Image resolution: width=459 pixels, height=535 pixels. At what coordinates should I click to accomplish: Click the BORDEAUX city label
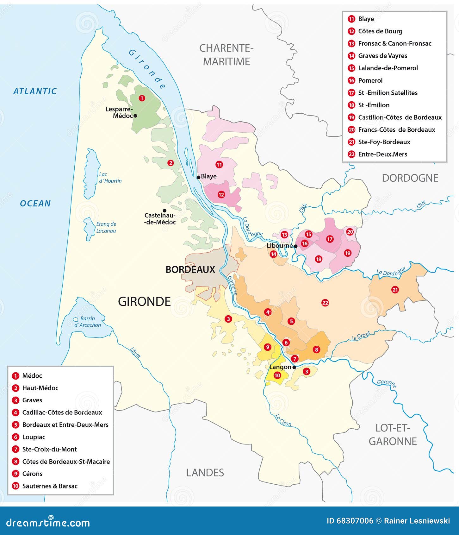pyautogui.click(x=190, y=269)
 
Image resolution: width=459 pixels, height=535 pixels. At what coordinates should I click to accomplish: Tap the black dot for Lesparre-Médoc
pyautogui.click(x=135, y=116)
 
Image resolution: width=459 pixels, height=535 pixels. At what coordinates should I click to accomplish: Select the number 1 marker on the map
pyautogui.click(x=142, y=98)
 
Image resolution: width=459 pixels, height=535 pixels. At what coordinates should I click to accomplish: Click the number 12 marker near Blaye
pyautogui.click(x=221, y=194)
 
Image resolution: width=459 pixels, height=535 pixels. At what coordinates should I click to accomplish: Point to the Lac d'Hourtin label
pyautogui.click(x=110, y=178)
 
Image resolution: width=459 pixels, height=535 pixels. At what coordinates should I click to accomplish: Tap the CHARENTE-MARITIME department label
pyautogui.click(x=226, y=55)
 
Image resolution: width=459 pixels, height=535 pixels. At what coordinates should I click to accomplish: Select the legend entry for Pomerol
pyautogui.click(x=370, y=80)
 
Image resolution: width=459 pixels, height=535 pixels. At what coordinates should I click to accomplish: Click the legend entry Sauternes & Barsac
pyautogui.click(x=50, y=486)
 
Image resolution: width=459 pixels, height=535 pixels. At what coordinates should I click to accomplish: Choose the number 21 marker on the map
pyautogui.click(x=395, y=289)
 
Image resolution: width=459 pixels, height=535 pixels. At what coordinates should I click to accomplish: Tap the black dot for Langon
pyautogui.click(x=294, y=367)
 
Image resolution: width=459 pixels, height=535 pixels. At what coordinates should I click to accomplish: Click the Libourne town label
pyautogui.click(x=280, y=246)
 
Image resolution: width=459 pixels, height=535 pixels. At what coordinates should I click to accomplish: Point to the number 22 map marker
pyautogui.click(x=325, y=303)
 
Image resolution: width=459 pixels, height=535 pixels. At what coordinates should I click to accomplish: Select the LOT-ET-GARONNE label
pyautogui.click(x=393, y=435)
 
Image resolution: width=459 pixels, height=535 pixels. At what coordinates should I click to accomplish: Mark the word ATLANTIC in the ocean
pyautogui.click(x=35, y=91)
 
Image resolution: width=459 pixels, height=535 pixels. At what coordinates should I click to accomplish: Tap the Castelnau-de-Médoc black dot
pyautogui.click(x=164, y=211)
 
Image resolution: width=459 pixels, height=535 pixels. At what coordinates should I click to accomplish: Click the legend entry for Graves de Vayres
pyautogui.click(x=382, y=56)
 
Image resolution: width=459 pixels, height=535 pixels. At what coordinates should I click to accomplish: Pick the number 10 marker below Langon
pyautogui.click(x=277, y=375)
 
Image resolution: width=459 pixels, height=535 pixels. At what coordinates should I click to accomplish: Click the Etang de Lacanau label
pyautogui.click(x=106, y=227)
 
